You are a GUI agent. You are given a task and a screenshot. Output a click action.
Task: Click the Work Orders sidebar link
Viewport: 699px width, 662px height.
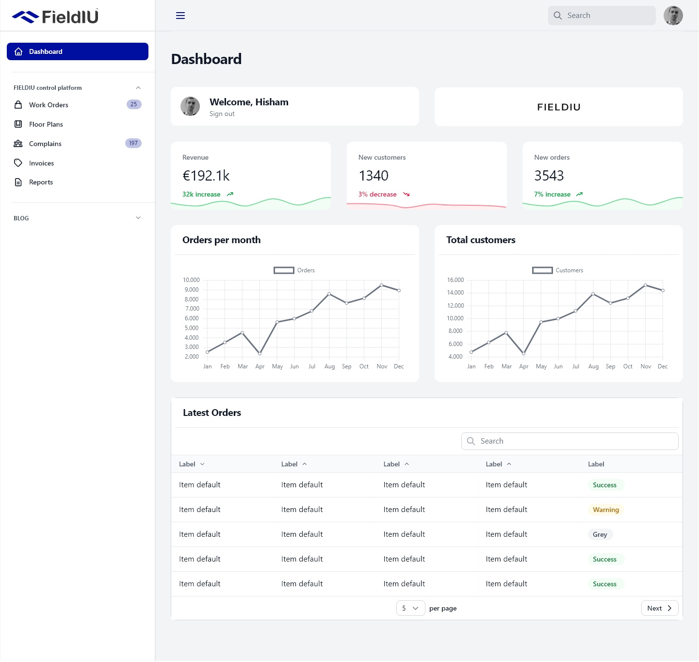tap(49, 105)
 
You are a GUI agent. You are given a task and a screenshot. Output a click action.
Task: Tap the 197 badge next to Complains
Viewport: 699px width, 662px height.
tap(133, 143)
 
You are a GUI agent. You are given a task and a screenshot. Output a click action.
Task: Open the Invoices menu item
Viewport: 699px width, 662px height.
tap(41, 163)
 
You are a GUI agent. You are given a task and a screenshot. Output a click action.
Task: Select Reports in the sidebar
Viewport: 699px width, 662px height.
tap(41, 182)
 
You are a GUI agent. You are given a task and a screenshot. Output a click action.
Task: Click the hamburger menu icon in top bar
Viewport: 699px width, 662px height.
tap(180, 16)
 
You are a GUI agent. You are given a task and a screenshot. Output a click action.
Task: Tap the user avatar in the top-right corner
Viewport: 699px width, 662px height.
tap(673, 16)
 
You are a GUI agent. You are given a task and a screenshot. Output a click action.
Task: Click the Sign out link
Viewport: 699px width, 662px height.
tap(222, 114)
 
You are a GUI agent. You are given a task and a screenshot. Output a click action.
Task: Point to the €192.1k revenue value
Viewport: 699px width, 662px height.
tap(206, 176)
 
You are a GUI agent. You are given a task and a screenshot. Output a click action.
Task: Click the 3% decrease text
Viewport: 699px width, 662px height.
tap(377, 195)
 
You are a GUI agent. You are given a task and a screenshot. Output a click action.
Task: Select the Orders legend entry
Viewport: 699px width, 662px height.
tap(294, 270)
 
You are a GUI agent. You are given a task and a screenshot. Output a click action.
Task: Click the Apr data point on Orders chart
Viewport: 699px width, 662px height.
tap(260, 353)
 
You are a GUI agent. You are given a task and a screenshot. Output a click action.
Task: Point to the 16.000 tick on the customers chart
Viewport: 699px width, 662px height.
tap(455, 280)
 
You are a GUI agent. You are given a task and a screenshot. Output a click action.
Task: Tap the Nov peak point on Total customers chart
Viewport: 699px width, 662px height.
tap(645, 285)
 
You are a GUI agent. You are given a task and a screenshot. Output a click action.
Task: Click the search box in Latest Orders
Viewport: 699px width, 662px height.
tap(570, 441)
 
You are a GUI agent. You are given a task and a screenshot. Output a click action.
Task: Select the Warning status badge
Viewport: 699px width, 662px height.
tap(605, 510)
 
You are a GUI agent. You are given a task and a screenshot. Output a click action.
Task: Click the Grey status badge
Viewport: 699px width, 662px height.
tap(600, 534)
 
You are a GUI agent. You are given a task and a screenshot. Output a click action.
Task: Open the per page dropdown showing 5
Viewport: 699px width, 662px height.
tap(410, 608)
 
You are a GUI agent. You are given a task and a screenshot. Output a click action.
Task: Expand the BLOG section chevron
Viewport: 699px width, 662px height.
tap(138, 218)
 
